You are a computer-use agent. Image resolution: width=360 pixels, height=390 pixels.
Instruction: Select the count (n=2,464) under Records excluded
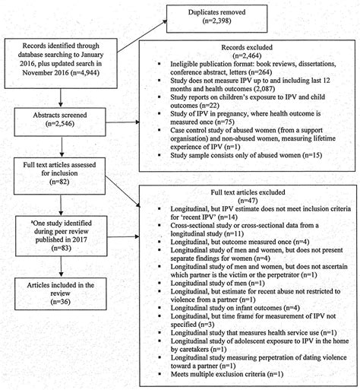(x=248, y=56)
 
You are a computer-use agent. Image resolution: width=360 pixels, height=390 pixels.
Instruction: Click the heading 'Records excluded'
(x=248, y=48)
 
